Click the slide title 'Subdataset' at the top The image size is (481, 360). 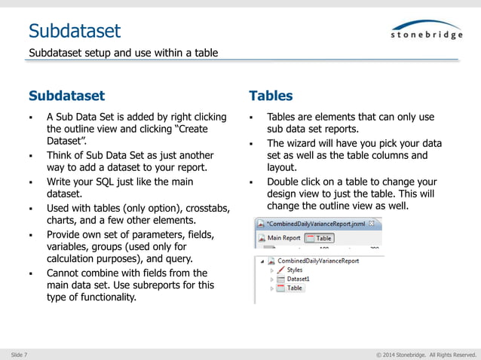click(74, 30)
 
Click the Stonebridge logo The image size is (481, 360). click(426, 30)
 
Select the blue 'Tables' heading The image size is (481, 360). click(271, 96)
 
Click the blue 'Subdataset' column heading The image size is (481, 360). click(66, 96)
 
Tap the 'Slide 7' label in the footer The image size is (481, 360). click(20, 354)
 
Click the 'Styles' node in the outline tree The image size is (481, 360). click(295, 270)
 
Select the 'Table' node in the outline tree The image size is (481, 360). click(295, 288)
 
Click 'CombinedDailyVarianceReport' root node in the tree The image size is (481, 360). click(318, 261)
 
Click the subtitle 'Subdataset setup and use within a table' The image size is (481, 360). click(123, 53)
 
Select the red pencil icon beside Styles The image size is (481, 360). click(280, 270)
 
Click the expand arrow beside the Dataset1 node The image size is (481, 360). click(271, 279)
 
